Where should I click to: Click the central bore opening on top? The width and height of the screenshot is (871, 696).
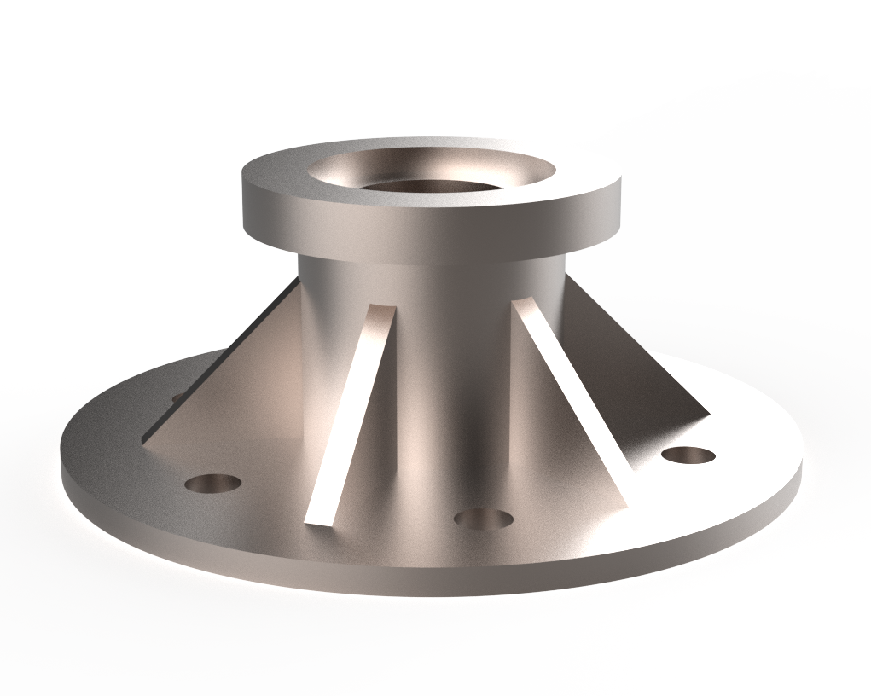pyautogui.click(x=431, y=175)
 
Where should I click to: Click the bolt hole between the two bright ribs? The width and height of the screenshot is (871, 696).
pyautogui.click(x=483, y=518)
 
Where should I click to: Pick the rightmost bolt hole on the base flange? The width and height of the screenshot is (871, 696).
pyautogui.click(x=688, y=455)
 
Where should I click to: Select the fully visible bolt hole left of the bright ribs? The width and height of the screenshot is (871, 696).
pyautogui.click(x=212, y=484)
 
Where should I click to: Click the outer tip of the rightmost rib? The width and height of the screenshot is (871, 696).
pyautogui.click(x=706, y=415)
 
